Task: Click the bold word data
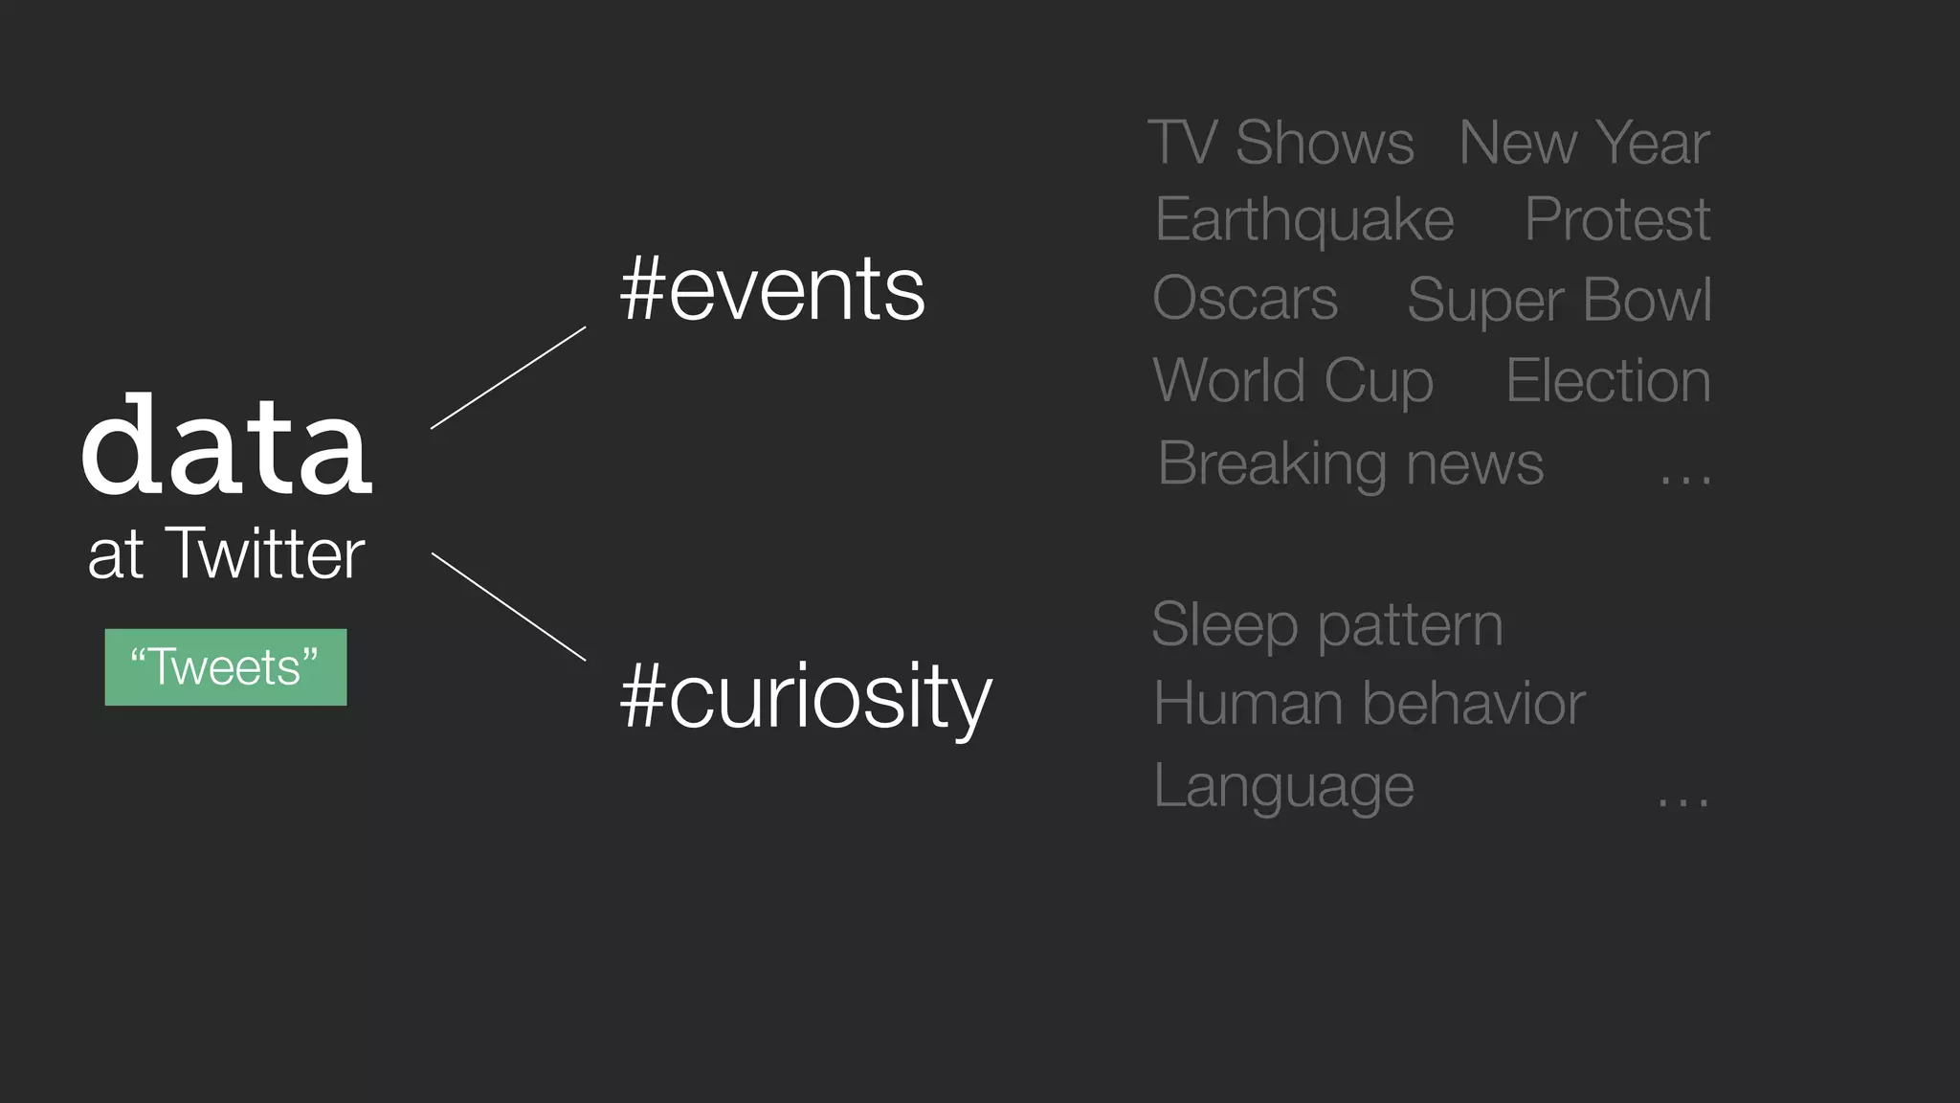[x=227, y=445]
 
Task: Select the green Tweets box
[x=226, y=667]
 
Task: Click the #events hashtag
[x=772, y=290]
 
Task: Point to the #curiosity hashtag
[x=806, y=696]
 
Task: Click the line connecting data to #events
[x=508, y=377]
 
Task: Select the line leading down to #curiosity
[x=508, y=606]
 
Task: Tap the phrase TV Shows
[x=1281, y=143]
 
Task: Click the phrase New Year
[x=1584, y=143]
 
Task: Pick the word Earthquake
[x=1304, y=220]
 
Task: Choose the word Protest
[x=1616, y=219]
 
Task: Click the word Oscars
[x=1245, y=299]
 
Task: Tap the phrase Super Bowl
[x=1559, y=300]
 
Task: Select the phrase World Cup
[x=1293, y=381]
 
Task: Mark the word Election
[x=1608, y=380]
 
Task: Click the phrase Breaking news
[x=1350, y=463]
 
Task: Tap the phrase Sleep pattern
[x=1327, y=624]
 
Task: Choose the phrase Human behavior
[x=1370, y=704]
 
